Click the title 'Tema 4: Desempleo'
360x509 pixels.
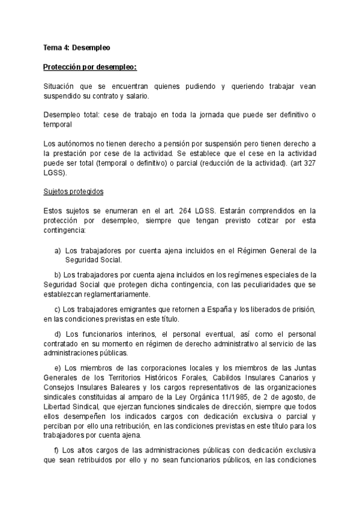click(77, 47)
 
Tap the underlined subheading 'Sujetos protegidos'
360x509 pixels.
click(74, 191)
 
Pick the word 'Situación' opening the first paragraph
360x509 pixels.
click(61, 86)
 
